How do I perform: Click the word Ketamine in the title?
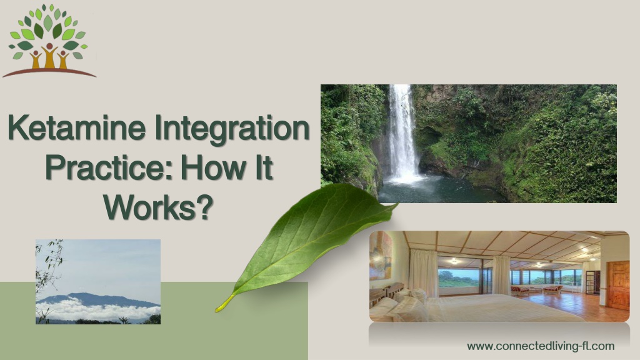click(x=76, y=128)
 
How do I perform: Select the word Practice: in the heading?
click(x=110, y=169)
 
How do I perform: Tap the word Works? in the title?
click(x=158, y=207)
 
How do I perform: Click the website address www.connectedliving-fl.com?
click(x=541, y=346)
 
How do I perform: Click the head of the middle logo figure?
click(x=49, y=46)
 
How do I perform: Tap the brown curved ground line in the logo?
click(x=49, y=72)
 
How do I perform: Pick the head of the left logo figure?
click(x=36, y=53)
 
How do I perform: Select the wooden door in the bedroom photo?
click(x=618, y=284)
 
